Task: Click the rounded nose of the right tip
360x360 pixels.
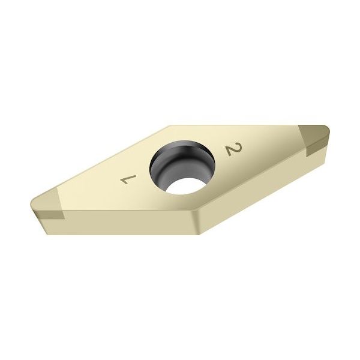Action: pyautogui.click(x=329, y=131)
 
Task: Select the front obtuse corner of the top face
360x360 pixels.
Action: pyautogui.click(x=193, y=210)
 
